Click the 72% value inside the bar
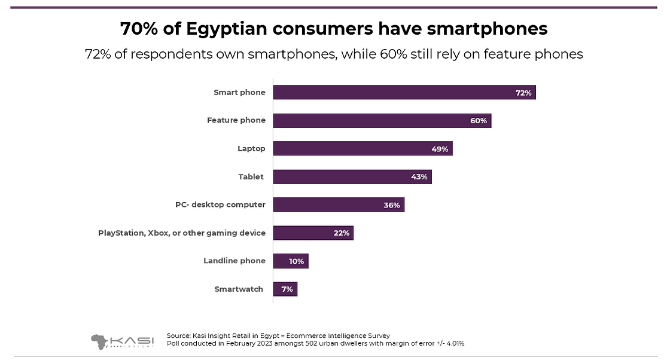coord(523,93)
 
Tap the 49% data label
coord(440,149)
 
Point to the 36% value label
coord(392,205)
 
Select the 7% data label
coord(287,289)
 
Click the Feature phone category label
coord(236,120)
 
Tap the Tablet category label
coord(251,176)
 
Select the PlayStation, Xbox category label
coord(182,233)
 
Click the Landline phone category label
coord(234,261)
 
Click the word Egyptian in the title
coord(235,29)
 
